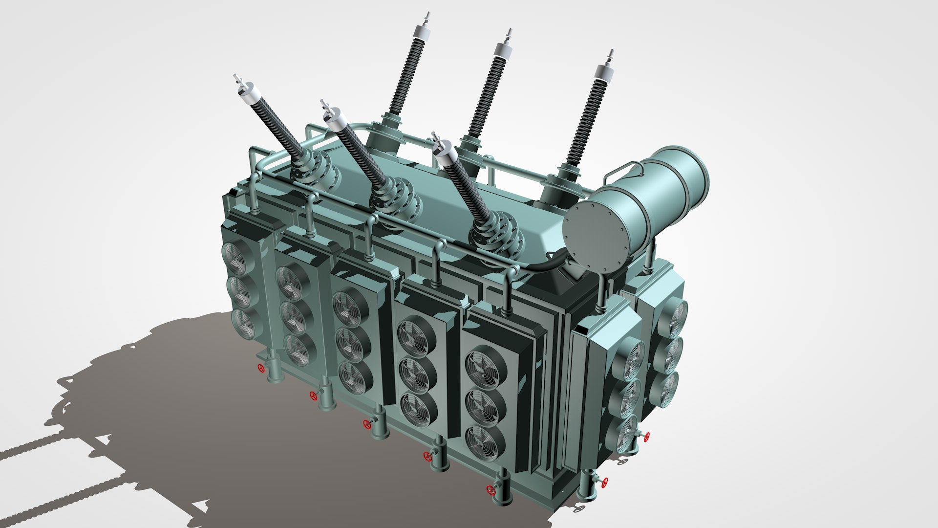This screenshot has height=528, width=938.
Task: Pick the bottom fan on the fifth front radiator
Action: tap(484, 443)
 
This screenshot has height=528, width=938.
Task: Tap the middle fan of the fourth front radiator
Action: tap(418, 376)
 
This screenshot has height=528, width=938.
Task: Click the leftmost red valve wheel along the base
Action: tap(262, 368)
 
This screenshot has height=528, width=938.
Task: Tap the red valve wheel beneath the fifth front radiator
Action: tap(490, 489)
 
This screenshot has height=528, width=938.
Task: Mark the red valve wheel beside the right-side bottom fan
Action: tap(647, 437)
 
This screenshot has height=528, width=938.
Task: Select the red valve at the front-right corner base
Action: tap(604, 483)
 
